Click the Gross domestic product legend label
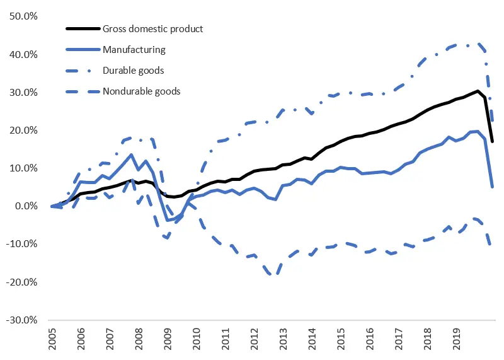[154, 28]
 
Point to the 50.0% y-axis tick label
[23, 16]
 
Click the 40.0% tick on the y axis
[23, 55]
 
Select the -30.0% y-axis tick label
[21, 320]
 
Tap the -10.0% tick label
[21, 244]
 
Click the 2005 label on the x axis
[52, 340]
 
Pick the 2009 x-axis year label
[167, 340]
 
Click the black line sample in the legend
[83, 28]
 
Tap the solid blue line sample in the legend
[83, 49]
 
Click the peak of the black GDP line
[478, 91]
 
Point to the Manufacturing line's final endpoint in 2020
[492, 187]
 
